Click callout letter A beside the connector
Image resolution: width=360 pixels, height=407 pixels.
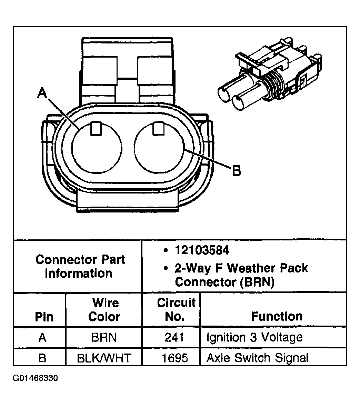click(42, 93)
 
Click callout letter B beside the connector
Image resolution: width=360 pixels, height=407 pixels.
click(236, 170)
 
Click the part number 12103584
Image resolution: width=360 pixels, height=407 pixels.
click(202, 250)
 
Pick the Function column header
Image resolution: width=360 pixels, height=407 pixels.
click(277, 316)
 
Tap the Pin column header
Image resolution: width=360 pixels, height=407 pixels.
click(44, 317)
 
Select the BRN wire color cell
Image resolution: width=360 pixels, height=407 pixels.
click(104, 337)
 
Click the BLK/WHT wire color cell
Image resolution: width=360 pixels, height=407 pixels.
click(104, 358)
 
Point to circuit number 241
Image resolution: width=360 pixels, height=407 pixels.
click(174, 337)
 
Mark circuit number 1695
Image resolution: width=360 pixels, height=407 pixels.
click(175, 358)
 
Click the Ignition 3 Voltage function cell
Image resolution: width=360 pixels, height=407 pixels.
click(254, 337)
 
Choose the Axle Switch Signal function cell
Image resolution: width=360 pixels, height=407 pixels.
click(257, 358)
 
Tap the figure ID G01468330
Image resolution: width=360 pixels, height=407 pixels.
click(35, 378)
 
